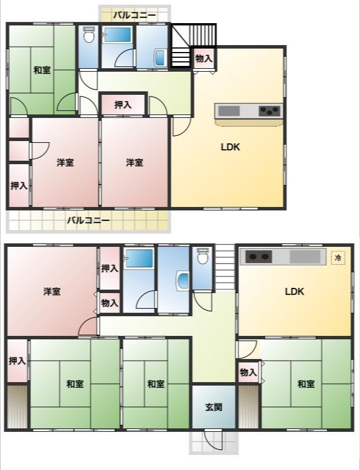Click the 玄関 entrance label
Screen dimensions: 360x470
coord(214,408)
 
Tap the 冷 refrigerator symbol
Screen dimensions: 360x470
coord(338,257)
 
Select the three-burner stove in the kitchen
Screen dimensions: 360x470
coord(270,111)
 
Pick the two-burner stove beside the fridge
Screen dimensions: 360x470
coord(259,257)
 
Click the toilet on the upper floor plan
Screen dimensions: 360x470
coord(88,35)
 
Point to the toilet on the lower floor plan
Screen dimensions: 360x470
coord(203,256)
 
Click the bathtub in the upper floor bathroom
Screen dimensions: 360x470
coord(117,35)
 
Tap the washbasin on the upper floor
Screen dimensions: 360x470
coord(159,58)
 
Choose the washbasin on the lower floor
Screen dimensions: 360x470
coord(183,280)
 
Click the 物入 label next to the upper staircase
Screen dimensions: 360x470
coord(203,59)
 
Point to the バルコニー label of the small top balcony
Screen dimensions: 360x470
coord(134,15)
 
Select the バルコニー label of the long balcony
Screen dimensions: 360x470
coord(88,221)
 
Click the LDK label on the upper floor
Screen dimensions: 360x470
coord(231,147)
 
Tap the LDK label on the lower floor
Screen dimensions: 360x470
coord(294,291)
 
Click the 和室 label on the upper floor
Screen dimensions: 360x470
coord(42,71)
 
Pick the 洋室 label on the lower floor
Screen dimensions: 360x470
coord(52,291)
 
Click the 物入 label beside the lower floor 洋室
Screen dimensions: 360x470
coord(110,303)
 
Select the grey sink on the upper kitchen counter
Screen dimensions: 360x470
coord(229,111)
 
